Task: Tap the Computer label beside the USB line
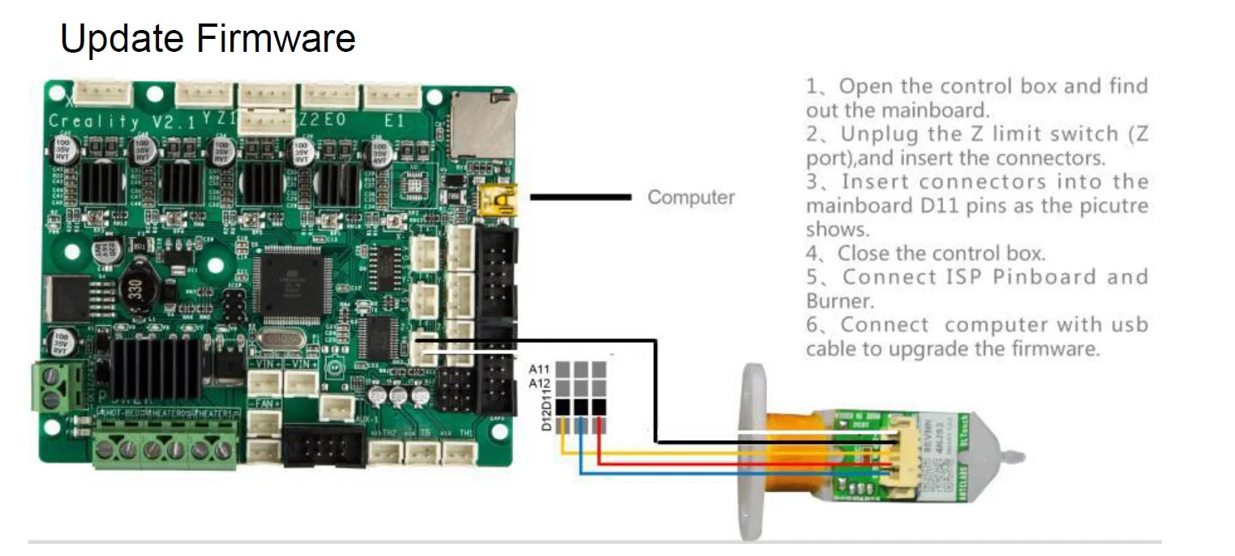click(691, 197)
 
